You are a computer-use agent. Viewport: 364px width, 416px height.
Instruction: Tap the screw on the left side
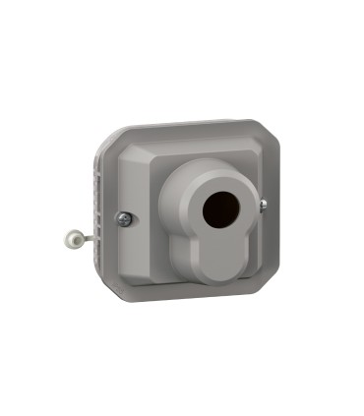[x=125, y=218]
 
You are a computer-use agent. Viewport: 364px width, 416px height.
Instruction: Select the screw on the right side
[x=263, y=205]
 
